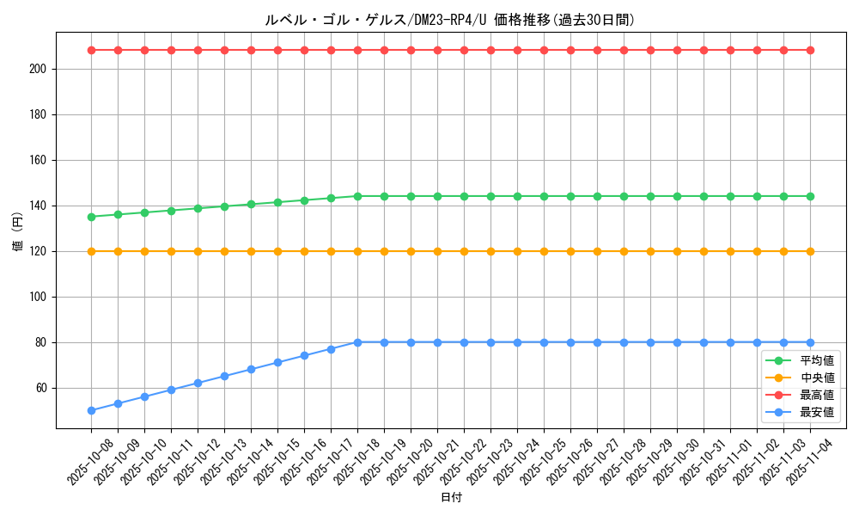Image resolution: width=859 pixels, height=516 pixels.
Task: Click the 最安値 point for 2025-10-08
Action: (x=91, y=410)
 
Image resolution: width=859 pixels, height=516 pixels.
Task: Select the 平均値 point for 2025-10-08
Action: (x=91, y=217)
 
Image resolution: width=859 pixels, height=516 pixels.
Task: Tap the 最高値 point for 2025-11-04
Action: (x=810, y=50)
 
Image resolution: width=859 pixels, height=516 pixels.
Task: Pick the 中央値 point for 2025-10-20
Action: (x=411, y=251)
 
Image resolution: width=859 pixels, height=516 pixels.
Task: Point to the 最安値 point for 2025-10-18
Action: (x=357, y=342)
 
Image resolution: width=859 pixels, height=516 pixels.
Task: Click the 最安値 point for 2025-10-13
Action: (x=224, y=376)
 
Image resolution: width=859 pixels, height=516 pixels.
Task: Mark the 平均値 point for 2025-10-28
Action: (x=624, y=196)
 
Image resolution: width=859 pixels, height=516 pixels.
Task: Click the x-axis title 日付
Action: (x=451, y=498)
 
